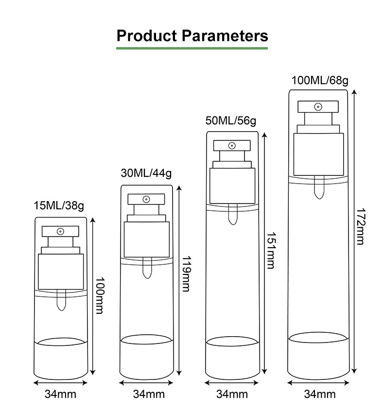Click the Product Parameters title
click(x=192, y=35)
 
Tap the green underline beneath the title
click(x=192, y=49)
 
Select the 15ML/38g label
click(x=59, y=205)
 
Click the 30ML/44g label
click(x=146, y=172)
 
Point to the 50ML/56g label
click(x=230, y=120)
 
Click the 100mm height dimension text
click(x=99, y=295)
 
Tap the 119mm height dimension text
click(x=185, y=273)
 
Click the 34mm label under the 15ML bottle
click(x=60, y=394)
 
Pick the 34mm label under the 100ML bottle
click(x=320, y=394)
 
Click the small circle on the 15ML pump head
click(x=60, y=231)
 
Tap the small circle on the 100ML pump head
click(x=318, y=106)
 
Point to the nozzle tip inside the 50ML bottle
click(x=231, y=215)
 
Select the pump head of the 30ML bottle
click(x=146, y=199)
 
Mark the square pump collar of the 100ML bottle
click(x=318, y=153)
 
